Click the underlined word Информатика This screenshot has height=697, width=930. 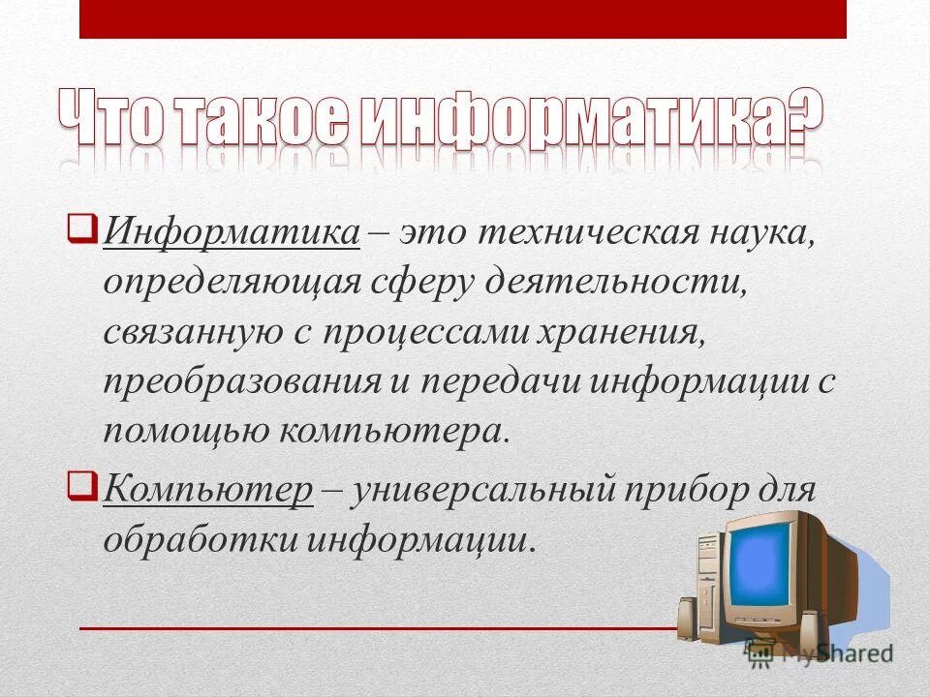(232, 233)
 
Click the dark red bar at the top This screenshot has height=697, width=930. (463, 19)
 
